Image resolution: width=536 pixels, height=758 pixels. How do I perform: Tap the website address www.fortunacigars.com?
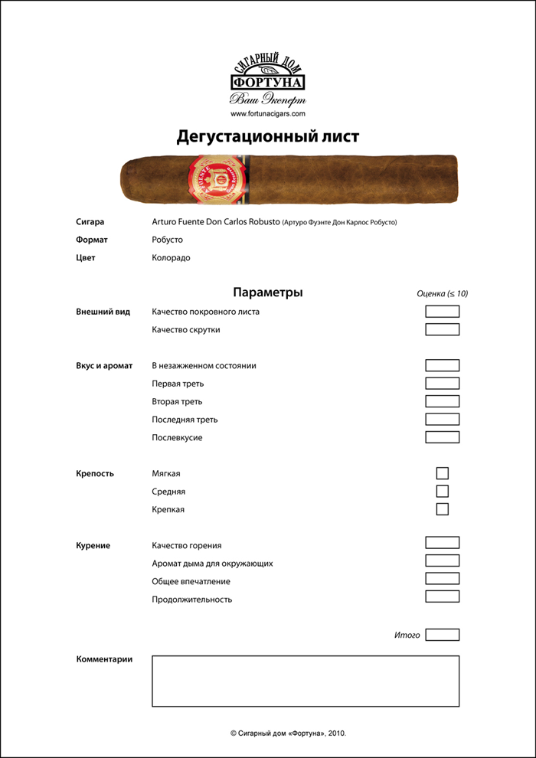pyautogui.click(x=268, y=113)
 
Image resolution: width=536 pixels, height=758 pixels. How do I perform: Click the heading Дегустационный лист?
pyautogui.click(x=268, y=136)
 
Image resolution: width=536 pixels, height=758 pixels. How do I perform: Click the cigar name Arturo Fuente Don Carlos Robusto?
pyautogui.click(x=216, y=222)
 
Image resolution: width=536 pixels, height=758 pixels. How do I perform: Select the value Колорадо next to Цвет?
pyautogui.click(x=171, y=258)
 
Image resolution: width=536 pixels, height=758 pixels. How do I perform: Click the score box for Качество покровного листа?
pyautogui.click(x=442, y=312)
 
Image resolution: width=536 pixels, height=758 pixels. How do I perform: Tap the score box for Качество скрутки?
pyautogui.click(x=442, y=330)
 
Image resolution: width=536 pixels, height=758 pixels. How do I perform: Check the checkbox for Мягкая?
pyautogui.click(x=442, y=473)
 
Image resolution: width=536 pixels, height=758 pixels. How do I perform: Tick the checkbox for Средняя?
pyautogui.click(x=442, y=492)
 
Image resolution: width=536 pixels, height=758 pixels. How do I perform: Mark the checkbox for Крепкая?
pyautogui.click(x=442, y=509)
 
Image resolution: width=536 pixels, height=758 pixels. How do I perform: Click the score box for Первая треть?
pyautogui.click(x=442, y=384)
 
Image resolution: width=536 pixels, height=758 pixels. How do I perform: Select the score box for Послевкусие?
pyautogui.click(x=442, y=437)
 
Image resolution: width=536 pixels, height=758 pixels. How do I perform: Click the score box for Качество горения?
pyautogui.click(x=442, y=543)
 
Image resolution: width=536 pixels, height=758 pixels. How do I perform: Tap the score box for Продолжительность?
pyautogui.click(x=442, y=596)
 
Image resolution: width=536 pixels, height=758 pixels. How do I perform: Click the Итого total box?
pyautogui.click(x=442, y=635)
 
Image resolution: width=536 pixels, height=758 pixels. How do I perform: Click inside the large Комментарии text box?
pyautogui.click(x=306, y=681)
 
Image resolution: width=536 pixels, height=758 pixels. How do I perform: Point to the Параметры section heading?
pyautogui.click(x=267, y=292)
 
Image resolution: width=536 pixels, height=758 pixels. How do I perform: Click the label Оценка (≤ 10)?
pyautogui.click(x=442, y=293)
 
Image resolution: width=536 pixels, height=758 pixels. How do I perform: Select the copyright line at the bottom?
pyautogui.click(x=293, y=733)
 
